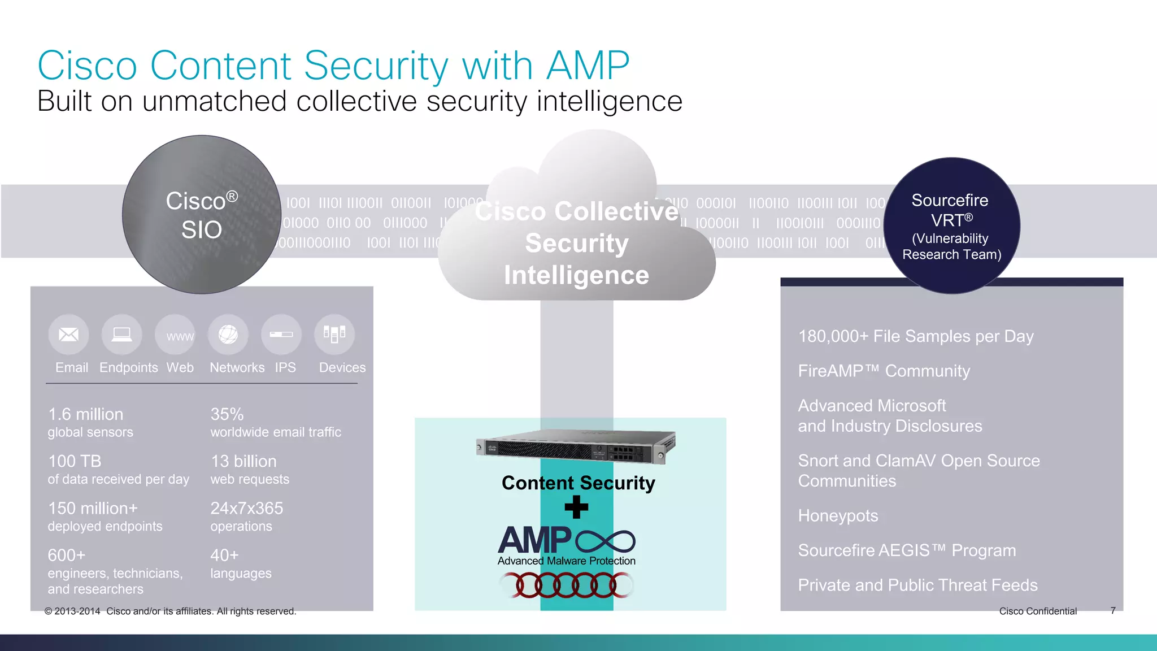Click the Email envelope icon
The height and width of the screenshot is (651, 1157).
[69, 335]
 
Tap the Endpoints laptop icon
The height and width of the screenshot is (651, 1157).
[121, 335]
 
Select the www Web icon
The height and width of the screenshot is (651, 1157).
[175, 335]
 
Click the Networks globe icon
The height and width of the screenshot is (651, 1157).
[228, 335]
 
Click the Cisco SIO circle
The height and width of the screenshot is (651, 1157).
[202, 215]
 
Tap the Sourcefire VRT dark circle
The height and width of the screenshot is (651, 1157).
[951, 226]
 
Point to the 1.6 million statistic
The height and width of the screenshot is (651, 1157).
[86, 414]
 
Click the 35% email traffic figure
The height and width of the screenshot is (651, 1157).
[227, 414]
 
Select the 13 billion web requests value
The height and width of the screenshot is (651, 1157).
[243, 461]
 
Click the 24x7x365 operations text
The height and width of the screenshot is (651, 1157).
[247, 508]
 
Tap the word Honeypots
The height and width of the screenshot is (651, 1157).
[838, 515]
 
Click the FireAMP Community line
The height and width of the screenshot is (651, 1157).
[884, 371]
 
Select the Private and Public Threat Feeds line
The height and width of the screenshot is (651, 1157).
[917, 585]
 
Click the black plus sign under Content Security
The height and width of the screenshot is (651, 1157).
[576, 507]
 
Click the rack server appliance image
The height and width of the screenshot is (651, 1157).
[576, 446]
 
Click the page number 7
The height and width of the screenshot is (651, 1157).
[1112, 610]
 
